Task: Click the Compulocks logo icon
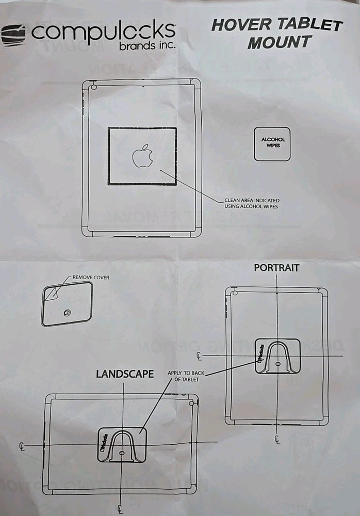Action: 13,36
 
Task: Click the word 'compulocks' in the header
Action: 103,33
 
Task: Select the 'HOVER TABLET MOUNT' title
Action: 277,34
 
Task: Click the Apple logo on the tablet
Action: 142,156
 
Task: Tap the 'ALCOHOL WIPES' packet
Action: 272,143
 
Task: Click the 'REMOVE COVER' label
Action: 90,278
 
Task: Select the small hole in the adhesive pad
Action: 67,313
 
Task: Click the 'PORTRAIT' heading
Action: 276,268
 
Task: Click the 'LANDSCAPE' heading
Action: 125,374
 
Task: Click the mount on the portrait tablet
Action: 278,357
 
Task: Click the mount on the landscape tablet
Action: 122,444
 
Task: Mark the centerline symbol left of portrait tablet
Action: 200,356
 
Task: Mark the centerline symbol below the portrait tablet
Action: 277,439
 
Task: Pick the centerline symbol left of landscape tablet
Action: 21,445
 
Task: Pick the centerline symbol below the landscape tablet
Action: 120,509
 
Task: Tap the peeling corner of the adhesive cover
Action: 51,293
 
